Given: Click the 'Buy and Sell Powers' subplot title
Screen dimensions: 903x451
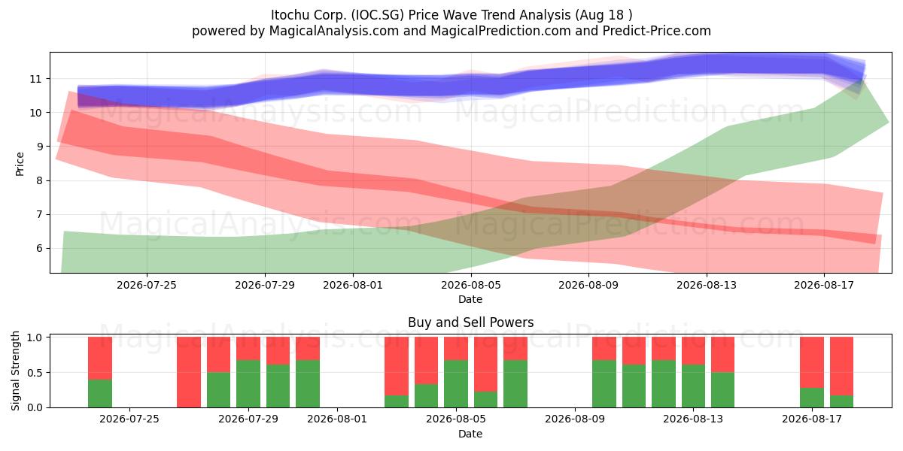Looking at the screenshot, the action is pos(470,322).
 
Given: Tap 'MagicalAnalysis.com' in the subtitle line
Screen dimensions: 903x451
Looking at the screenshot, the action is pos(334,31).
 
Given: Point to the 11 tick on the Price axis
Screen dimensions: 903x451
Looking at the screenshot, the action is pos(35,79).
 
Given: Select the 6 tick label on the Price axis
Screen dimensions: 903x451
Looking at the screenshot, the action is pos(38,249).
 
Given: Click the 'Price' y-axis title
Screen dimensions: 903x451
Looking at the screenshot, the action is pos(20,164).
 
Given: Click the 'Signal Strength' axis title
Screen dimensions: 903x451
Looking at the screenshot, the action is pos(15,371).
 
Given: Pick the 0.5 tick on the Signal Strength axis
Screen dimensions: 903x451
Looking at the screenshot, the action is pos(35,373).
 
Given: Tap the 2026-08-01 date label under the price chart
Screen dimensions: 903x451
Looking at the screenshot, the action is pos(353,285).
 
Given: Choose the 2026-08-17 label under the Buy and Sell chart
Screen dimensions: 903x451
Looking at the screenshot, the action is pos(812,419).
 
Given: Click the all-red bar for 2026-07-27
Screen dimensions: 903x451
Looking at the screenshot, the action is pos(189,372).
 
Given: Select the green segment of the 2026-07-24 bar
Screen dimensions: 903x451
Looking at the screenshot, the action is pos(100,393).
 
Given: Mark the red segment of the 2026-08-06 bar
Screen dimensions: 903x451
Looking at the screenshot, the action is pos(486,364).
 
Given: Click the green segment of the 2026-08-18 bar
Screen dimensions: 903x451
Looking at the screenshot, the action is pos(842,401).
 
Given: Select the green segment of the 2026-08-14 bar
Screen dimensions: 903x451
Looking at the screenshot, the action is pos(723,390).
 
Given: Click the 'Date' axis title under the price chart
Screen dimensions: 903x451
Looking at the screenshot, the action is pos(470,300).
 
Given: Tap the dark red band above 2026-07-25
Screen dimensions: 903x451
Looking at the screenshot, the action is pos(147,143).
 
